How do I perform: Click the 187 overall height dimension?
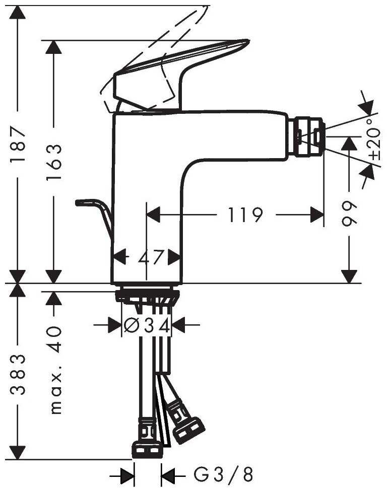click(18, 144)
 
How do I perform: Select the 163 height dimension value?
click(54, 162)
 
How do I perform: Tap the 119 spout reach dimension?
click(245, 215)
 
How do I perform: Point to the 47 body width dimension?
click(151, 257)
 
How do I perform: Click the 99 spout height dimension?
click(349, 214)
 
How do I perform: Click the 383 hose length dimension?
click(18, 374)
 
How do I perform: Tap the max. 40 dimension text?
click(55, 370)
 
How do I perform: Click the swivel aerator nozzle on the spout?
click(308, 137)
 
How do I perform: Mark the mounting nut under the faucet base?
click(147, 297)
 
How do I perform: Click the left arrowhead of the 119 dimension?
click(154, 215)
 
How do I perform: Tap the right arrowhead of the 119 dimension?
click(317, 215)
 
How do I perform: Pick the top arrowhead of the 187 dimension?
click(18, 13)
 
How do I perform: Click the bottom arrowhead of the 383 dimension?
click(18, 452)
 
